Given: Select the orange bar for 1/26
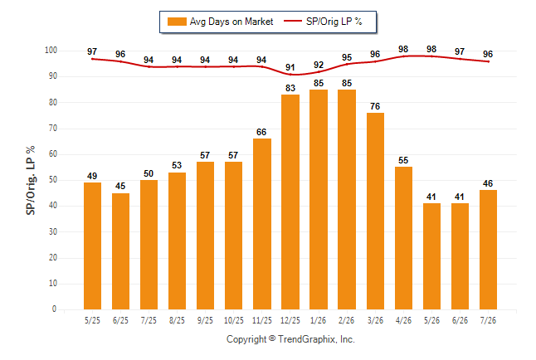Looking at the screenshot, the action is [x=319, y=200].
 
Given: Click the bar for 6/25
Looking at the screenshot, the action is [x=120, y=251].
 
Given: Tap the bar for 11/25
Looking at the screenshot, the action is [x=262, y=224].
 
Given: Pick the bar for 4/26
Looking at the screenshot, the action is [x=403, y=238].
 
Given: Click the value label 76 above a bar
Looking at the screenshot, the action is [x=375, y=106].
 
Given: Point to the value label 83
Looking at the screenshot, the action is [x=290, y=88].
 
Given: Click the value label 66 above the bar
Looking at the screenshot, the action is [x=261, y=132].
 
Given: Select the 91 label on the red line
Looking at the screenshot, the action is [x=290, y=67].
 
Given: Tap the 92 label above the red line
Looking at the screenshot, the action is [x=319, y=65].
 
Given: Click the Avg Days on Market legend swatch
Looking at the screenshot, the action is [x=177, y=22].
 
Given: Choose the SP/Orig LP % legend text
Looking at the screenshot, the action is [x=334, y=22].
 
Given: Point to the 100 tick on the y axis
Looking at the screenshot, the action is [x=51, y=51].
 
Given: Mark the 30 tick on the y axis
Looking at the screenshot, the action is [x=53, y=231].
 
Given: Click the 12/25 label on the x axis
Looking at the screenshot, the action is [x=290, y=320].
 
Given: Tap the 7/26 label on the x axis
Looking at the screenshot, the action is [x=488, y=320].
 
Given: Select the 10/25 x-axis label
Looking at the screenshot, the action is [x=234, y=320].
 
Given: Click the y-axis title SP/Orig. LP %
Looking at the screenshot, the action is [x=31, y=180].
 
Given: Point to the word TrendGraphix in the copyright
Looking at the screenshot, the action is [x=307, y=339].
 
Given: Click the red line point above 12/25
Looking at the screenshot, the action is [x=290, y=75].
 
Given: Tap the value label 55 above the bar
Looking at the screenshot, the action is [x=403, y=160].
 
